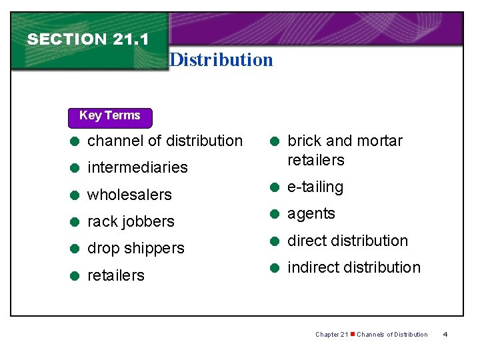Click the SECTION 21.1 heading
87,39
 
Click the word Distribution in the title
221,60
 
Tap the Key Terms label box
110,116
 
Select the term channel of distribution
165,141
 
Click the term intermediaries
137,167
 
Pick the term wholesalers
129,195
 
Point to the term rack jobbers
131,221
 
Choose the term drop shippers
135,248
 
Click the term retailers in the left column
116,275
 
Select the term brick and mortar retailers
344,150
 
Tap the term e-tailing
315,187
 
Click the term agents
311,214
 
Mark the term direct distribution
347,241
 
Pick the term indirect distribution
353,267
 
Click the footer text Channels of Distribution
392,334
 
